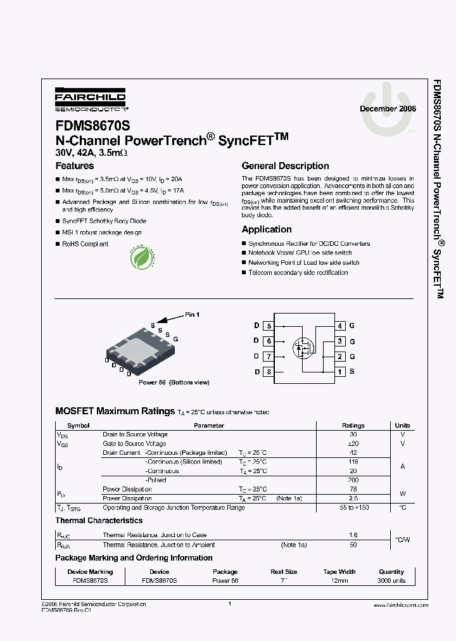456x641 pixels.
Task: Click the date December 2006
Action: [x=388, y=109]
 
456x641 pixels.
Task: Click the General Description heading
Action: [x=285, y=166]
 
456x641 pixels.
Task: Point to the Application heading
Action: [x=267, y=229]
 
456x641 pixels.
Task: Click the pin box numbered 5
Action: [x=269, y=326]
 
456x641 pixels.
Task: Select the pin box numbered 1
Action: [x=340, y=372]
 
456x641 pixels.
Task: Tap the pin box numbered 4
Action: [x=340, y=326]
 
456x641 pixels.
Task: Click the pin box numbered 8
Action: [x=269, y=372]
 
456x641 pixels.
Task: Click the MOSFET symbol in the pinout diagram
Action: [x=303, y=347]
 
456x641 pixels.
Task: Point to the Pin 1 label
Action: [x=192, y=314]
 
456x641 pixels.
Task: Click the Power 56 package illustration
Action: [x=139, y=350]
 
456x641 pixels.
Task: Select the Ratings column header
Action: [x=353, y=426]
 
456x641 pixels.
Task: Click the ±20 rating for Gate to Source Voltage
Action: [x=353, y=444]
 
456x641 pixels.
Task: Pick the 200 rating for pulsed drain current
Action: [x=353, y=480]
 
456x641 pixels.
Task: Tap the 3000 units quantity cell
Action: [x=391, y=581]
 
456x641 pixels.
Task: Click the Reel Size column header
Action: [x=284, y=571]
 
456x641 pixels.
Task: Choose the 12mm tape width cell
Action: [x=339, y=581]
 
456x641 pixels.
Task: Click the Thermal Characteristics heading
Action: [x=99, y=521]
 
